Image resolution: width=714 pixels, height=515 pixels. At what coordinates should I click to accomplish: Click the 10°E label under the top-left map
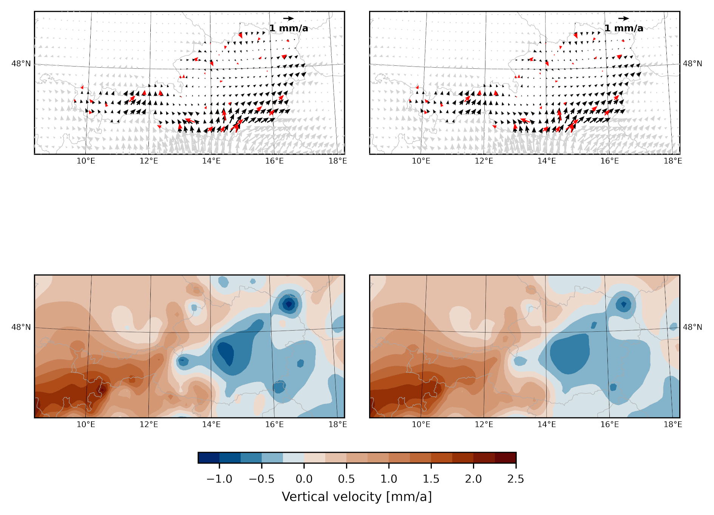click(86, 161)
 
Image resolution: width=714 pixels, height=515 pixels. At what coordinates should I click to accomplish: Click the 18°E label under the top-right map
click(673, 161)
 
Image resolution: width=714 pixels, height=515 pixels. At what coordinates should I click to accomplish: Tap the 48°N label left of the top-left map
click(21, 63)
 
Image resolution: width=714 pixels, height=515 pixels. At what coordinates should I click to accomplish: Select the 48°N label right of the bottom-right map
click(692, 327)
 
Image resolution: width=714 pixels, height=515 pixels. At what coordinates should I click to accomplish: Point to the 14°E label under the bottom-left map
click(211, 424)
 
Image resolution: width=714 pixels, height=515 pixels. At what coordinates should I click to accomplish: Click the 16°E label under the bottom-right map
click(610, 424)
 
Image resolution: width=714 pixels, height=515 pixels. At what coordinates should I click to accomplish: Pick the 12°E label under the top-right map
click(484, 161)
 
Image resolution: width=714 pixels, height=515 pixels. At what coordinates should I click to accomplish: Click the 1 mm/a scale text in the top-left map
click(289, 28)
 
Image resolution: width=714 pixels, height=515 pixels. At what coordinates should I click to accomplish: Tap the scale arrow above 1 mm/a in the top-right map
click(624, 18)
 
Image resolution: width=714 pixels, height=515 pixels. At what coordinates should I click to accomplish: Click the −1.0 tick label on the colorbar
click(219, 479)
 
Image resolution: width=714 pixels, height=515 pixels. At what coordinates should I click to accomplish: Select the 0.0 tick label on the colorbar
click(304, 479)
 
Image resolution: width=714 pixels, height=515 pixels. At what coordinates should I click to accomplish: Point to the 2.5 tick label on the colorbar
click(516, 479)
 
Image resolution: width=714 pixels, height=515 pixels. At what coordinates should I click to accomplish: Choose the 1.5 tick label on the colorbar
click(431, 479)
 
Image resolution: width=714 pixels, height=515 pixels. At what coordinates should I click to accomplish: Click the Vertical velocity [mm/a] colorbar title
click(357, 496)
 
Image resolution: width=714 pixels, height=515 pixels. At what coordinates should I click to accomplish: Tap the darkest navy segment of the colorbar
click(209, 458)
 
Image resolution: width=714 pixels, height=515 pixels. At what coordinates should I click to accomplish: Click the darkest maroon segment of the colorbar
click(505, 458)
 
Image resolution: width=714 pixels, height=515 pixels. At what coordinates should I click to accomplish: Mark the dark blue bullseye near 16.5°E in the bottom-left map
click(289, 303)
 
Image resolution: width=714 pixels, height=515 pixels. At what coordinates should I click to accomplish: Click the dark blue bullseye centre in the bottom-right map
click(623, 304)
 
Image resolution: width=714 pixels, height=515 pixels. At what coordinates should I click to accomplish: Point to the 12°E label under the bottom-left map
click(149, 424)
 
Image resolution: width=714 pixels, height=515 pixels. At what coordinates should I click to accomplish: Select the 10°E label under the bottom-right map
click(421, 424)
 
